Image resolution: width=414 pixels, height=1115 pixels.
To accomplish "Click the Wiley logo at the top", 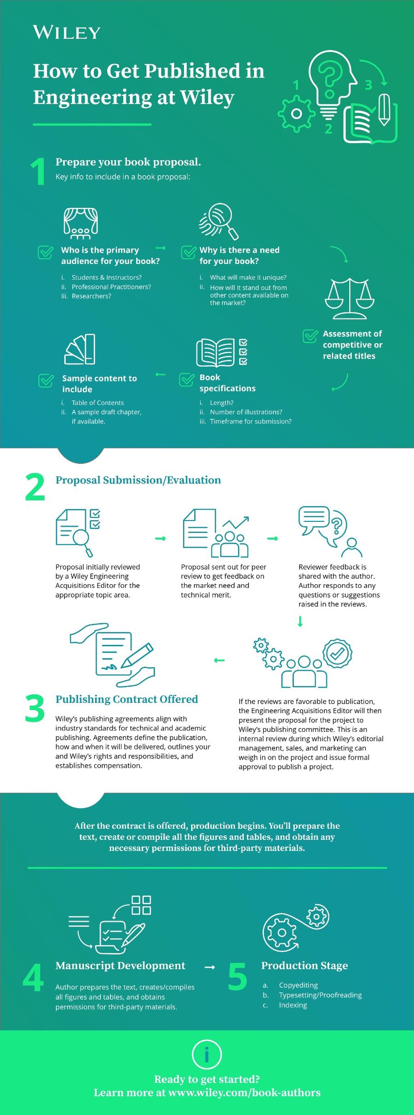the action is (67, 32).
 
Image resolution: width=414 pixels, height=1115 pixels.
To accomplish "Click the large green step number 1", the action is (38, 172).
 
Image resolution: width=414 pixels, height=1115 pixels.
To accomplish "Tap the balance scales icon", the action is (350, 299).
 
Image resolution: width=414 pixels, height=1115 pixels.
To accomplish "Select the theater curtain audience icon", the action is (80, 223).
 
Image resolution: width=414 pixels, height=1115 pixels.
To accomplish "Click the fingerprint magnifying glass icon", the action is (219, 221).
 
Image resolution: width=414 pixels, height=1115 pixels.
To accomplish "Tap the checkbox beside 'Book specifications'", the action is (187, 380).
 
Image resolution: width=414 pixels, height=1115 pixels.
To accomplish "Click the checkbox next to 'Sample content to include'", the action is (46, 380).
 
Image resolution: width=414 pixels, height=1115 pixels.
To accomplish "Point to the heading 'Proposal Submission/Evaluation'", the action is (138, 480).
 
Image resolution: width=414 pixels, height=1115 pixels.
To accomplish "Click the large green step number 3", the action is (35, 708).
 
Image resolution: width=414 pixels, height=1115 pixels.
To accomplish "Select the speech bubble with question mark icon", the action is (330, 532).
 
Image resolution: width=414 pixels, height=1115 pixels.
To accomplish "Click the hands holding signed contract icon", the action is (113, 655).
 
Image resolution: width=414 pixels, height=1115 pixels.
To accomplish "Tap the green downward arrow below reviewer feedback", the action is (300, 621).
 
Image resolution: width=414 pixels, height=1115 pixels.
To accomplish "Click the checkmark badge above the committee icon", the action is (337, 653).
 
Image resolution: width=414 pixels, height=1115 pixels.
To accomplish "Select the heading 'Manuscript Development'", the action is (120, 965).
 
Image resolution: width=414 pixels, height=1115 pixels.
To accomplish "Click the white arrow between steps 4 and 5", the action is (210, 967).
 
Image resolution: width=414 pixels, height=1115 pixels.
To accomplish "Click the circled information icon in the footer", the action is (207, 1054).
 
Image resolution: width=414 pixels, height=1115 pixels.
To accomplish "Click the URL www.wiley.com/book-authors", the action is (245, 1092).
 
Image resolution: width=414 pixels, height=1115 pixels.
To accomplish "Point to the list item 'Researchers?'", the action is (92, 296).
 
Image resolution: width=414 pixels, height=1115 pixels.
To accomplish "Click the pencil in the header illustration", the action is (385, 110).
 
